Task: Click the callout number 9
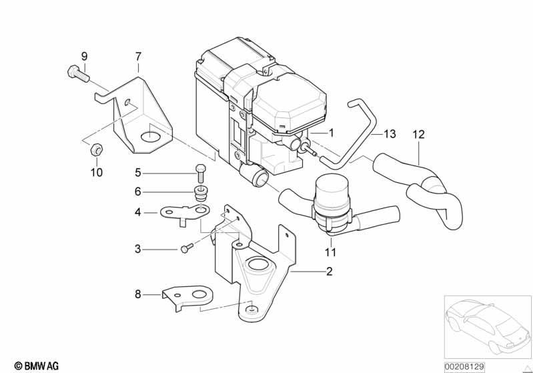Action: [84, 56]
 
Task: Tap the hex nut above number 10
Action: [97, 149]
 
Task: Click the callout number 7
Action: [138, 57]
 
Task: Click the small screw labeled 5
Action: [200, 173]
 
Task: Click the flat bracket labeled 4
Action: [185, 214]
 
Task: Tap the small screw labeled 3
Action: [187, 248]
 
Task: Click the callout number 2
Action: [329, 272]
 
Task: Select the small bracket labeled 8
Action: [187, 297]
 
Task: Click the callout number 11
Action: [330, 252]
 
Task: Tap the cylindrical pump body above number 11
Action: [332, 198]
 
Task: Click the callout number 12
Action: [418, 135]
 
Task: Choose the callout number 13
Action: [390, 134]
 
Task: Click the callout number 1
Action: [332, 133]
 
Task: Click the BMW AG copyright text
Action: [37, 366]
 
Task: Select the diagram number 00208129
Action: [465, 367]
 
